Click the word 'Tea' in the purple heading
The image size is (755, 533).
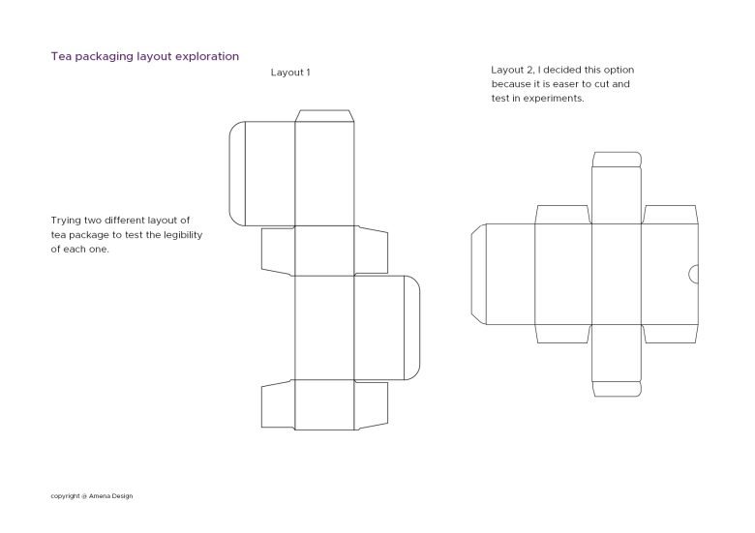point(61,56)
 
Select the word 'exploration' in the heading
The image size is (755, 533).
point(207,56)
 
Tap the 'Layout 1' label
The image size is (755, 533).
point(290,73)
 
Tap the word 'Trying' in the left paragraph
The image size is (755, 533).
point(66,221)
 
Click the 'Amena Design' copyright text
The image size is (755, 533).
point(110,496)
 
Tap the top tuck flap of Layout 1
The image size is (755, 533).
point(324,115)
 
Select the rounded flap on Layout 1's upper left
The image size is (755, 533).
point(237,174)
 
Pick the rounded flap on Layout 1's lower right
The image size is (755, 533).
point(412,328)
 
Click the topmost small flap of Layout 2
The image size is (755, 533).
point(617,160)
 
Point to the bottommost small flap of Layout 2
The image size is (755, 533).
point(617,389)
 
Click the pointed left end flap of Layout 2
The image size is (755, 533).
point(478,274)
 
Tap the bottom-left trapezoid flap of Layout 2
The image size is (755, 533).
point(563,334)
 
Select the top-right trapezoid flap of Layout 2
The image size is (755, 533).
point(670,215)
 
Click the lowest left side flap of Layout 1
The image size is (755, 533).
point(278,404)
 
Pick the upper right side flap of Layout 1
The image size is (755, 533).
point(372,251)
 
